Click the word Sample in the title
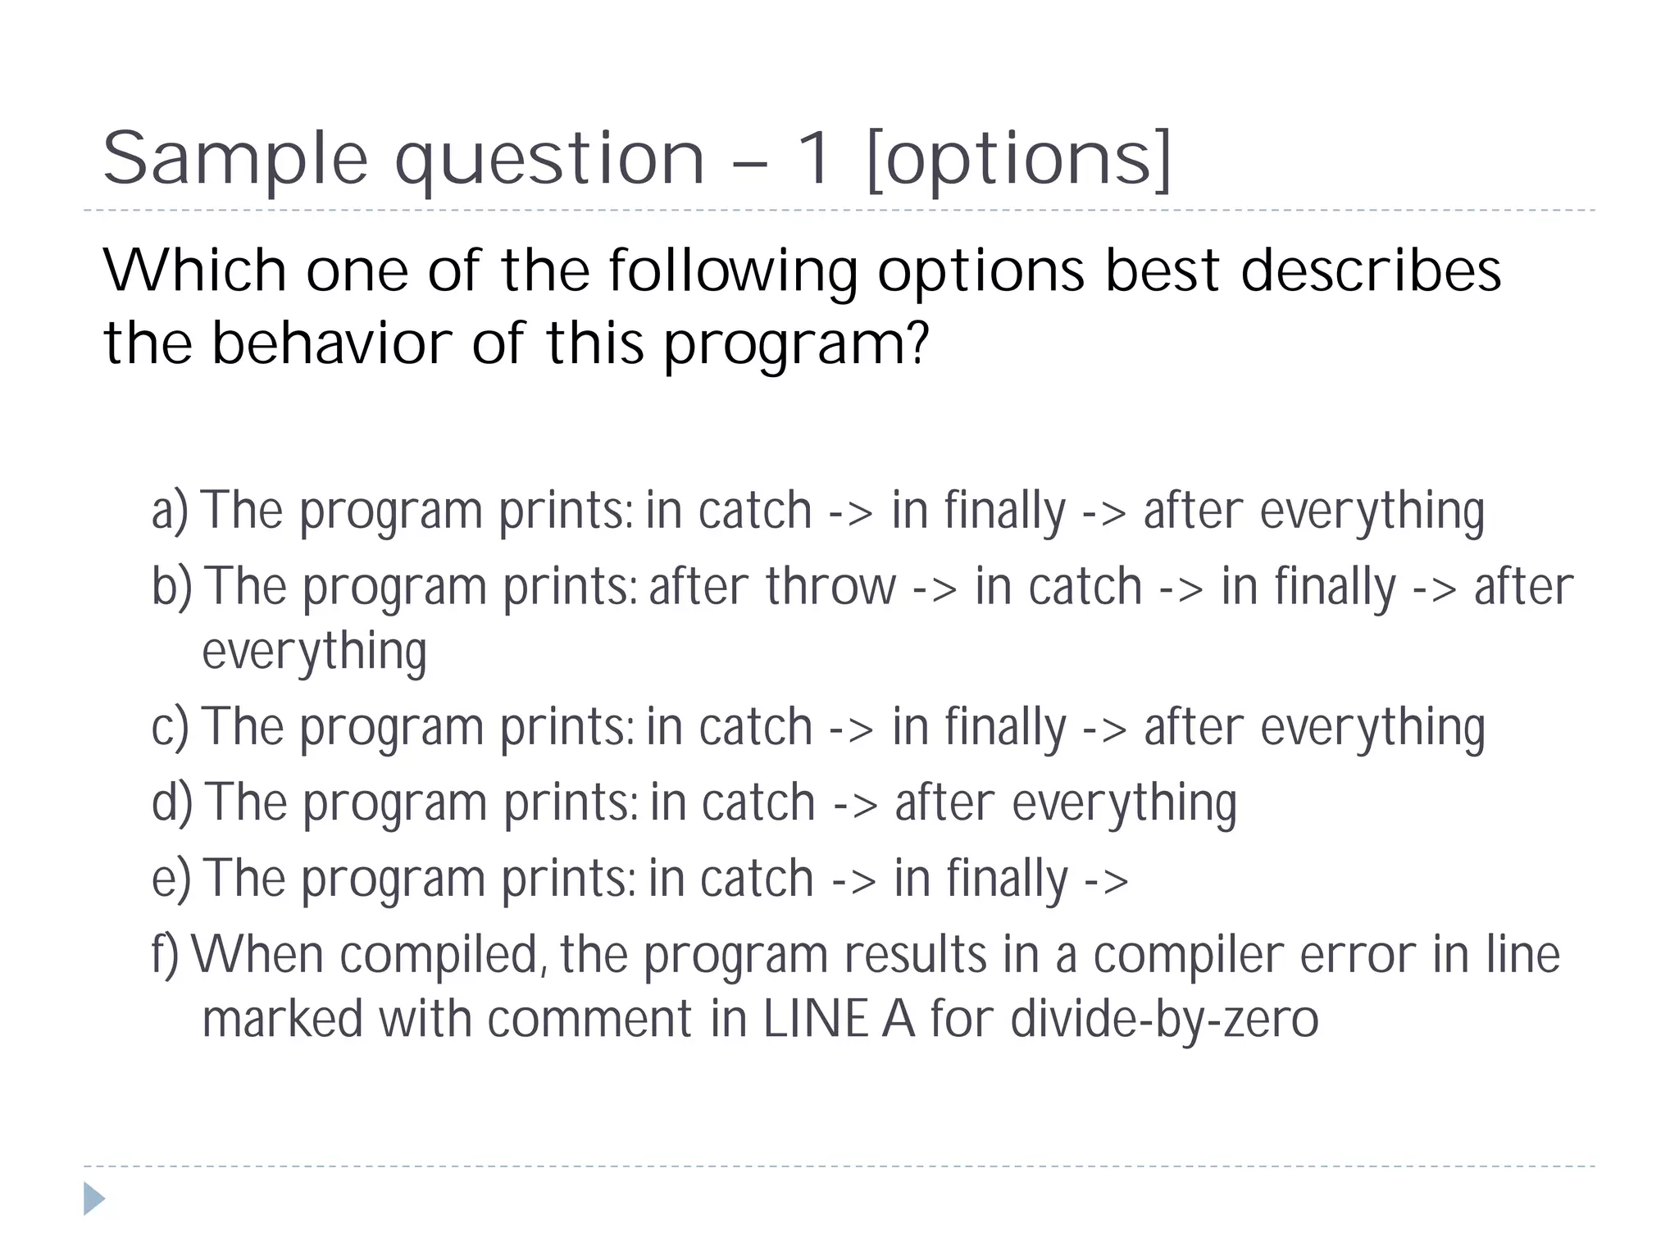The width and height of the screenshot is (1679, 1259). pyautogui.click(x=235, y=160)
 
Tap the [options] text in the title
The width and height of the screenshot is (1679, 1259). pyautogui.click(x=1020, y=160)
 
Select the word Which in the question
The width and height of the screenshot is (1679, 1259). pyautogui.click(x=194, y=270)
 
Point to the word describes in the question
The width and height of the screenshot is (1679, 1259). pyautogui.click(x=1371, y=270)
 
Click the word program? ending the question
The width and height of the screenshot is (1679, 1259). pyautogui.click(x=796, y=344)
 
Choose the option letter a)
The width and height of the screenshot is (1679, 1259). pyautogui.click(x=170, y=511)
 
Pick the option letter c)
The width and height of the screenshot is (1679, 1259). pyautogui.click(x=170, y=727)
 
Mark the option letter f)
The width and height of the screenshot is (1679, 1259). pyautogui.click(x=165, y=955)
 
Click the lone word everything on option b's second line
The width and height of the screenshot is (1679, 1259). pyautogui.click(x=314, y=652)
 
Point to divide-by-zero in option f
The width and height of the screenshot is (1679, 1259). pyautogui.click(x=1164, y=1019)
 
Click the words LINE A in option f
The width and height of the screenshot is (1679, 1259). pyautogui.click(x=838, y=1019)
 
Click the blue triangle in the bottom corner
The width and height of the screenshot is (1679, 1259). pyautogui.click(x=94, y=1198)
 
